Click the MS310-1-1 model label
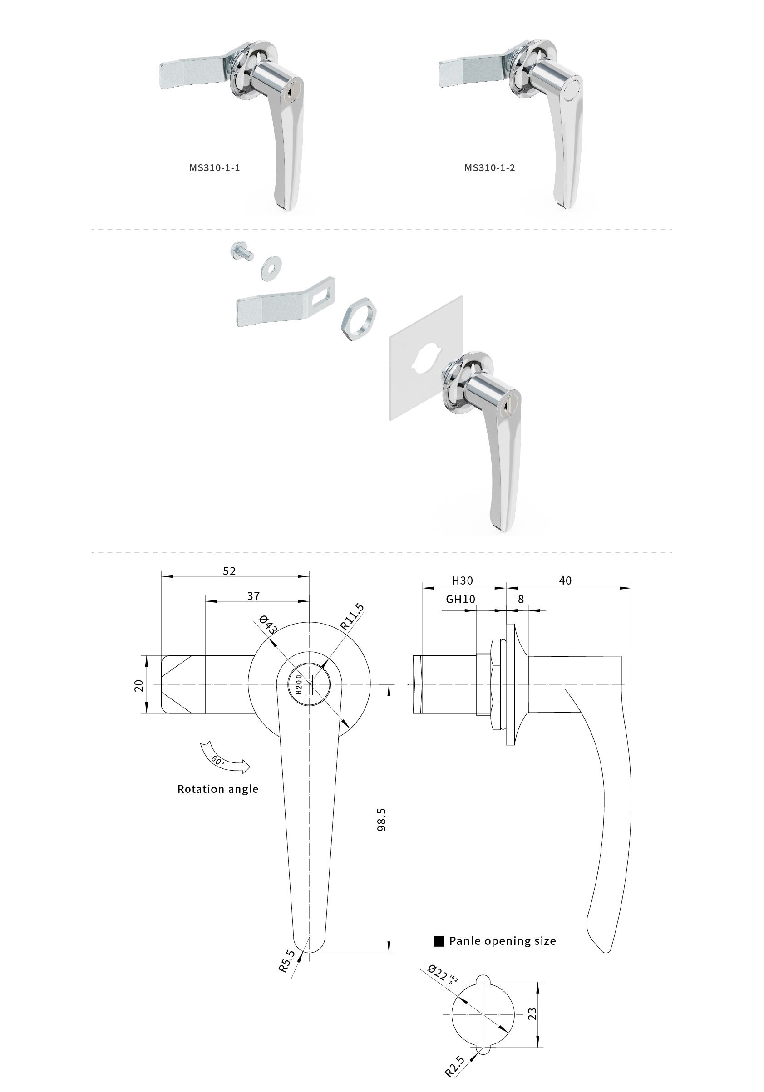pos(215,168)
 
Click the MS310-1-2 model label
pos(489,168)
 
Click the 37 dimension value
pos(254,596)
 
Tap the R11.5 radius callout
pos(352,617)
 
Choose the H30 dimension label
pos(462,580)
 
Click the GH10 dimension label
pos(460,599)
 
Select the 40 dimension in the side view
pos(565,580)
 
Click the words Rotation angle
pos(218,789)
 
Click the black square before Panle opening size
pos(439,941)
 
